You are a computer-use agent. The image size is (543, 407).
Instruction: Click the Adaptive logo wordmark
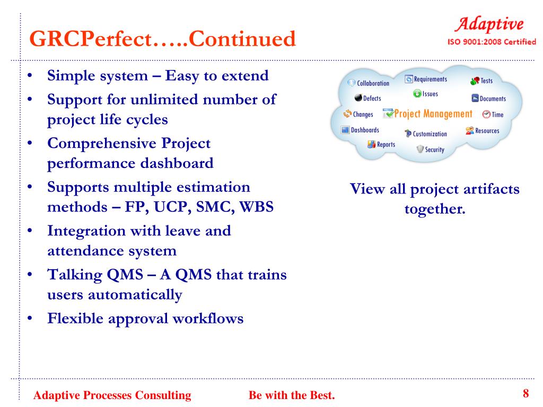(x=489, y=25)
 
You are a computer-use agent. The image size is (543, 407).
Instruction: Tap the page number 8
(x=526, y=393)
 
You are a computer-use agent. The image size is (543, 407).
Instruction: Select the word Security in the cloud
(x=435, y=149)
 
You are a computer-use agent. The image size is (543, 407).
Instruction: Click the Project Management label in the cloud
(x=433, y=114)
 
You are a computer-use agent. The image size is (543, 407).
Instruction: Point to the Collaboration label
(x=373, y=83)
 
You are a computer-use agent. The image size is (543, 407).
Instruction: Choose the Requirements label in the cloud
(x=431, y=79)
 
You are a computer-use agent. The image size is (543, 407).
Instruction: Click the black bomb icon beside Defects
(x=358, y=98)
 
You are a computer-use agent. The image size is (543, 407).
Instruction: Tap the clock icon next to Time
(x=486, y=114)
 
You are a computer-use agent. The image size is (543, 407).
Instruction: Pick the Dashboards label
(x=365, y=130)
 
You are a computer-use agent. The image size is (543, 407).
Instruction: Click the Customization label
(x=430, y=134)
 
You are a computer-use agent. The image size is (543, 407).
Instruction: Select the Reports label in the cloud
(x=386, y=145)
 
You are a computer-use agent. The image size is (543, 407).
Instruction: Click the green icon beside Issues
(x=417, y=93)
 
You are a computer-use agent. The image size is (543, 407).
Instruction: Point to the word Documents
(x=493, y=99)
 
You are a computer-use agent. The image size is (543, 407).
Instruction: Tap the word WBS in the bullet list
(x=256, y=207)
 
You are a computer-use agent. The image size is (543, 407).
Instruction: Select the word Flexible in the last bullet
(x=75, y=318)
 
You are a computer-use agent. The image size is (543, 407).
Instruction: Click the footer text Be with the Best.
(x=292, y=395)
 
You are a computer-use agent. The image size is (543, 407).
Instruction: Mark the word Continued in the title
(x=242, y=38)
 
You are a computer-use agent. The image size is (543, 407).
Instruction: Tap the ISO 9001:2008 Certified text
(x=492, y=42)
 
